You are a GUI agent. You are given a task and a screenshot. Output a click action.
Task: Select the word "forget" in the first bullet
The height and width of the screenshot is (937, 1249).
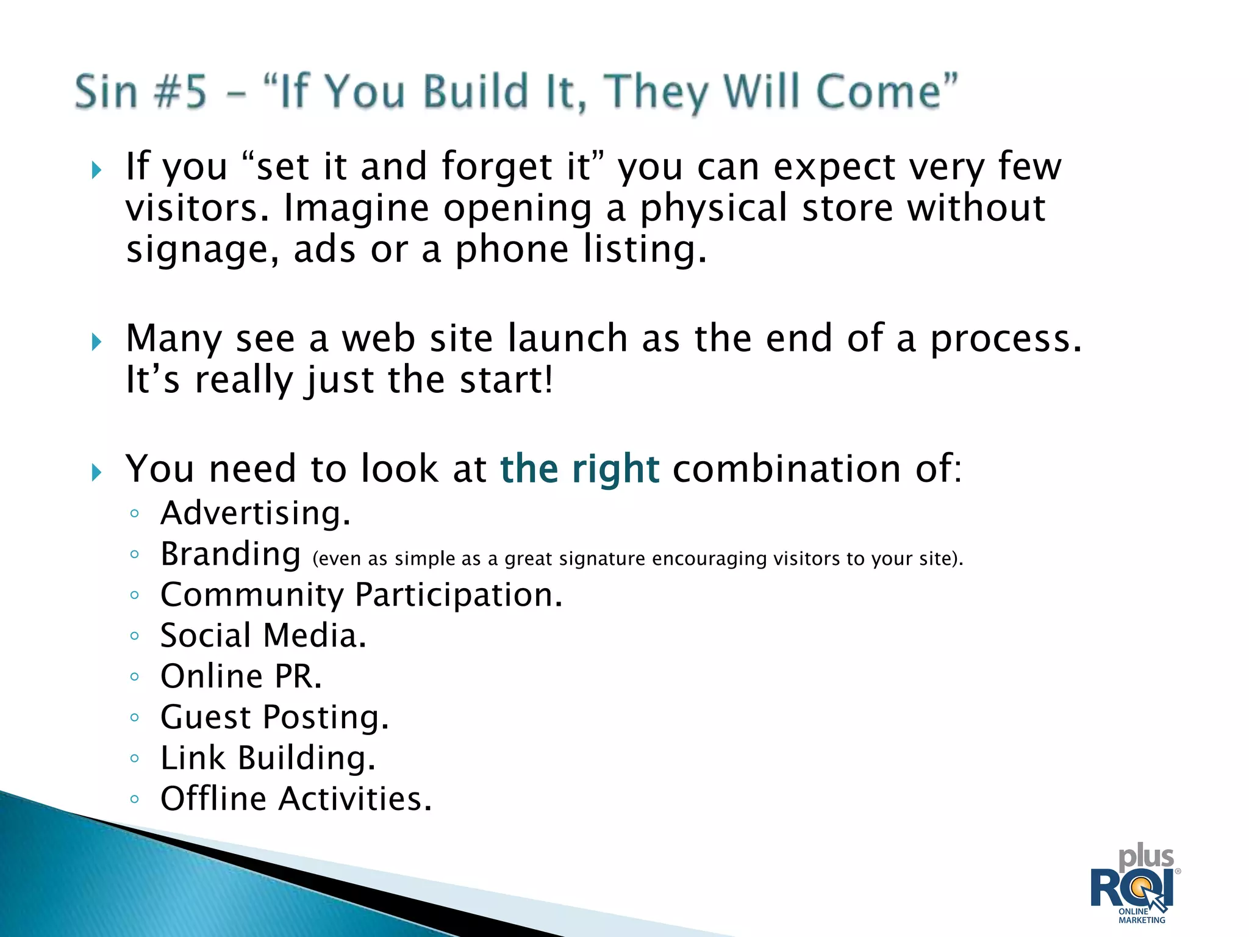pos(496,167)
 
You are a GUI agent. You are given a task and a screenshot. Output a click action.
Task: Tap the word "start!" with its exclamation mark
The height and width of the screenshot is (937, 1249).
pos(506,380)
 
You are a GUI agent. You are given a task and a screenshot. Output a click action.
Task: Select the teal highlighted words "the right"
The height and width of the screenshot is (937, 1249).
pos(579,469)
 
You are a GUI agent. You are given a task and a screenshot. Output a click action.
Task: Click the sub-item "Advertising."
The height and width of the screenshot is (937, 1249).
pos(256,513)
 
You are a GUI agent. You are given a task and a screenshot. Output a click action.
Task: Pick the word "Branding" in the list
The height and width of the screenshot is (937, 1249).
pos(231,555)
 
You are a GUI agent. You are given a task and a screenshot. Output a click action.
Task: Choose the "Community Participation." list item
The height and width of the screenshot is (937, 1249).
pos(361,595)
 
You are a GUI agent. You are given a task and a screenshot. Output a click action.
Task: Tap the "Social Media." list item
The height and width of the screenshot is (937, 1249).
pos(263,636)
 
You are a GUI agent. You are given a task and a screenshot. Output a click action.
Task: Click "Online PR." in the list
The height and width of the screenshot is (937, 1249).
pos(241,677)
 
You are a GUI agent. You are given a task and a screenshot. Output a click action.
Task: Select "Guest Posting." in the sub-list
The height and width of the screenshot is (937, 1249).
pos(274,717)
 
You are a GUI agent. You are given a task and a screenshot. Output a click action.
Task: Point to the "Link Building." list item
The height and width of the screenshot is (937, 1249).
pos(268,758)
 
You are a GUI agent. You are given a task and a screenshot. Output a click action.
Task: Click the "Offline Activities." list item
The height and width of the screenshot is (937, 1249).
pos(296,799)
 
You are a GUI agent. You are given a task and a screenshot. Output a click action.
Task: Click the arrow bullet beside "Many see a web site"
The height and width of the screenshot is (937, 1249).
pos(96,342)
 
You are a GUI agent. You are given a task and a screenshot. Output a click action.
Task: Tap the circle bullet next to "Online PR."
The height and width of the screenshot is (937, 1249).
pos(135,677)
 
